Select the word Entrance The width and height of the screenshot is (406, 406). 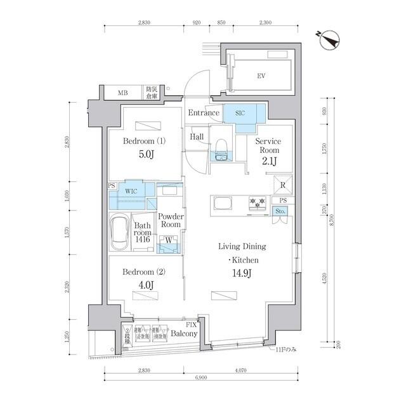point(203,114)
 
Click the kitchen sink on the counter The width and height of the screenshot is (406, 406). point(223,204)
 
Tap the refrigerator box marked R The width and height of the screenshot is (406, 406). point(282,184)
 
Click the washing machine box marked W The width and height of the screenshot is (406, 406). point(168,240)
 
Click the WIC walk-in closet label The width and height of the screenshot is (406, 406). point(131,190)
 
